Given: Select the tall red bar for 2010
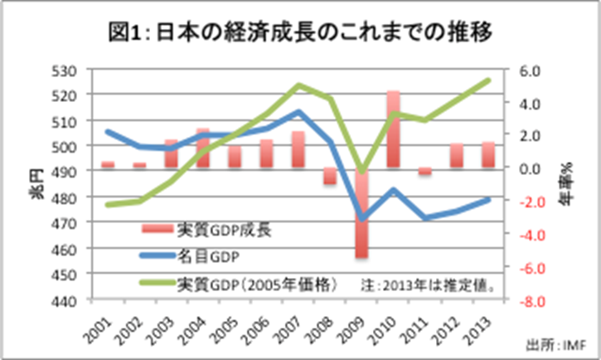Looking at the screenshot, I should point(393,129).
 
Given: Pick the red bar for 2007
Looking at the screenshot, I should point(298,149).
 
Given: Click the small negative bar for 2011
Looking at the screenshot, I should point(424,172).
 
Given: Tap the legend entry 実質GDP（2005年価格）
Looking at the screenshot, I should point(257,284).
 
